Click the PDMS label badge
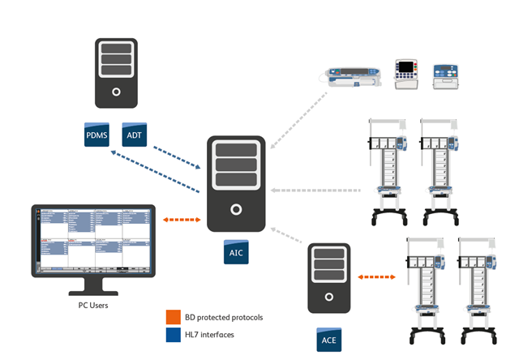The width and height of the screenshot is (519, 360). pyautogui.click(x=97, y=135)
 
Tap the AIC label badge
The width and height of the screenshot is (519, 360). pyautogui.click(x=235, y=254)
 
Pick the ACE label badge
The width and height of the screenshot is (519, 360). pyautogui.click(x=328, y=340)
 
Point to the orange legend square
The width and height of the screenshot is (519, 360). pyautogui.click(x=171, y=316)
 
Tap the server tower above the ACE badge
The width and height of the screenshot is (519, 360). pyautogui.click(x=329, y=278)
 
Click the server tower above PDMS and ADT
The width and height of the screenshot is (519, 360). pyautogui.click(x=114, y=71)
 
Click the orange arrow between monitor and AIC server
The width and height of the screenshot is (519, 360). pyautogui.click(x=181, y=219)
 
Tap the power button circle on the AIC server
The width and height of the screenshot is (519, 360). pyautogui.click(x=235, y=209)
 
